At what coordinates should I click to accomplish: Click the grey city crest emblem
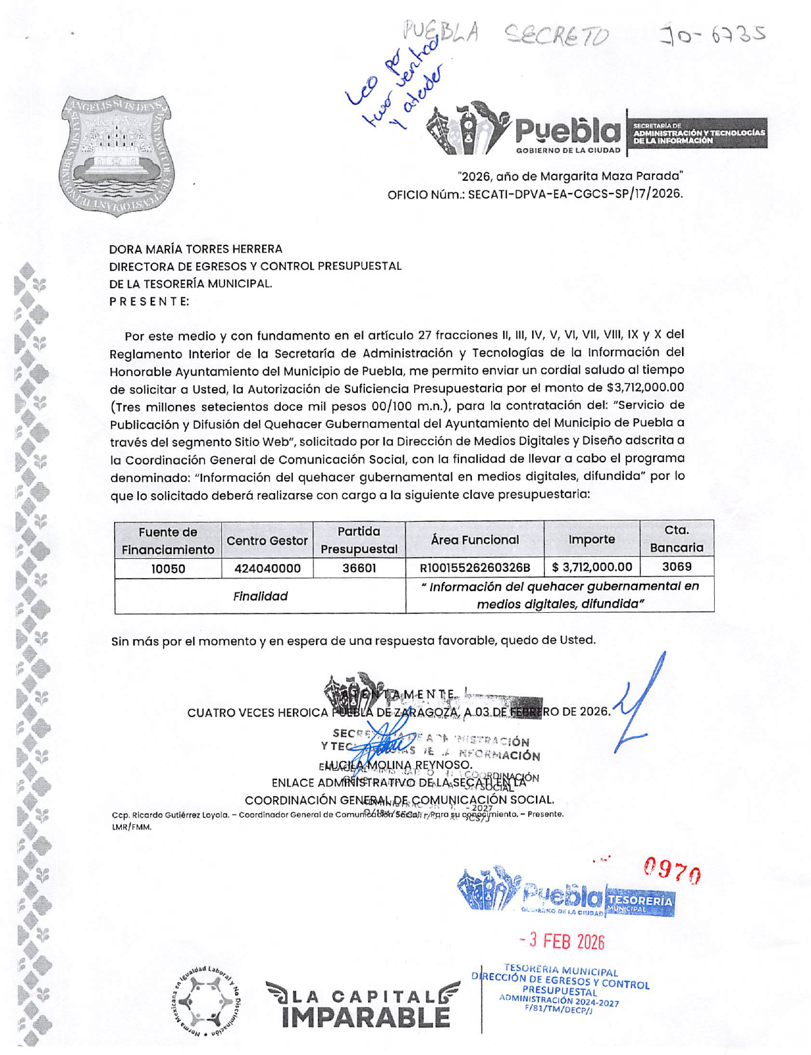pos(117,155)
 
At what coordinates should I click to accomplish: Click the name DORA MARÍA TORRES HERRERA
pos(196,249)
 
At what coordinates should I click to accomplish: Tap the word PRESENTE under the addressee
pos(149,301)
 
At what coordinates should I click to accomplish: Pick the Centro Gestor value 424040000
pos(267,568)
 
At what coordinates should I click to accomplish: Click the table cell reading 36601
pos(358,568)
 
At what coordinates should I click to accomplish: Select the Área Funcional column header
pos(474,540)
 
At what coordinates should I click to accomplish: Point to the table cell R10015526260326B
pos(474,568)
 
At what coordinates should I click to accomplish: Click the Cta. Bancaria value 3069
pos(676,567)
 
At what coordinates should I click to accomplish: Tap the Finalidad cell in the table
pos(260,596)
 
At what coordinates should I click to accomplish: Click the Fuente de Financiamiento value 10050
pos(168,568)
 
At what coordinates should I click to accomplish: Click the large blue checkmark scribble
pos(638,705)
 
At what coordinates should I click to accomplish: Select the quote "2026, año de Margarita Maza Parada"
pos(570,176)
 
